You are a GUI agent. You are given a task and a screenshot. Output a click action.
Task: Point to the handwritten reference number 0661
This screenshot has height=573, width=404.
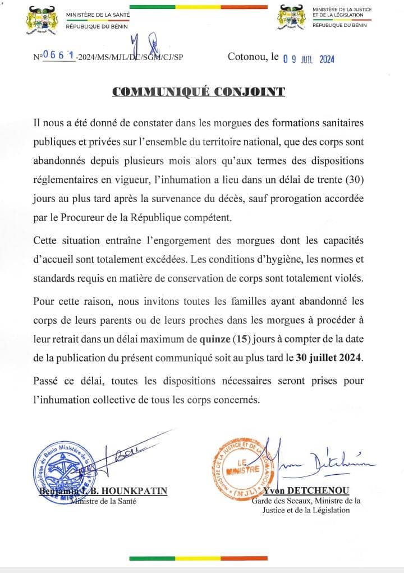pyautogui.click(x=58, y=56)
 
